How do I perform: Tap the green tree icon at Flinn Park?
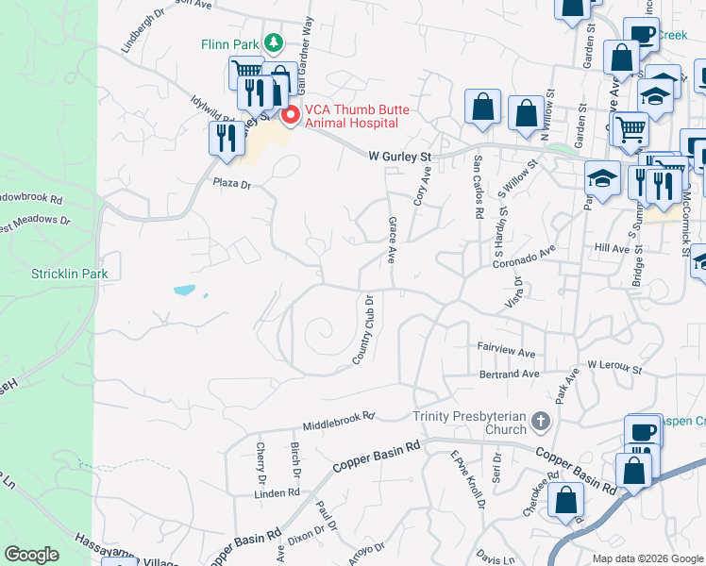[273, 42]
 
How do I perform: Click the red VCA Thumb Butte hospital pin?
[291, 115]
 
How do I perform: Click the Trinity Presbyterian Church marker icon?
[540, 421]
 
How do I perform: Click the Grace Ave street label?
[391, 240]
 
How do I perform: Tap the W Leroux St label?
[614, 364]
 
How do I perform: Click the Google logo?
[32, 555]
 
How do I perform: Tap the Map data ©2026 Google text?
[647, 558]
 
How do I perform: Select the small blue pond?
[185, 289]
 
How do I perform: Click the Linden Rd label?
[277, 492]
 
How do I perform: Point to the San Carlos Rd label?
[479, 185]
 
